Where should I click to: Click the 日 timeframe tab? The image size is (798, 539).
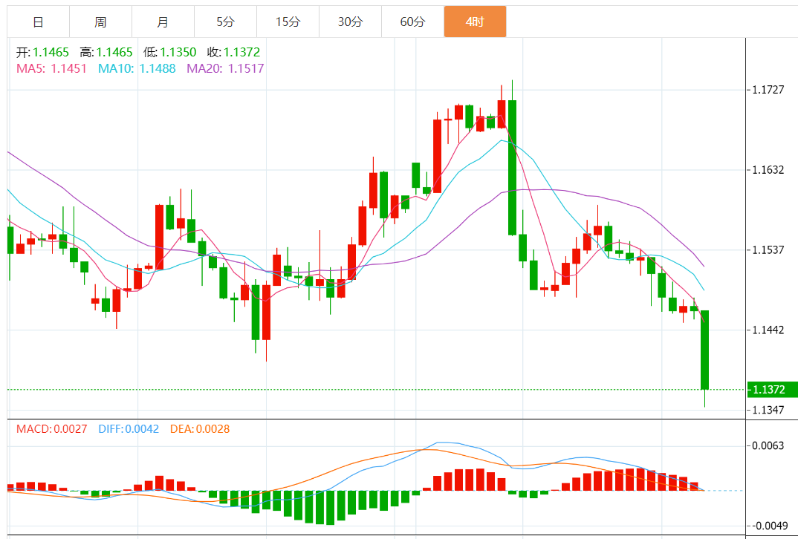click(38, 22)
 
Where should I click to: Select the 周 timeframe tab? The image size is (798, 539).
click(100, 22)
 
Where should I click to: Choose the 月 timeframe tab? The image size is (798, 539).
click(163, 22)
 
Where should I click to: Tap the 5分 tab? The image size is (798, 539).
click(225, 22)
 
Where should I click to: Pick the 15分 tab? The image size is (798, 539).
click(288, 22)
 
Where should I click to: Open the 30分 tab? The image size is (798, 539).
click(350, 22)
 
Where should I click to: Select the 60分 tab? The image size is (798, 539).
click(412, 22)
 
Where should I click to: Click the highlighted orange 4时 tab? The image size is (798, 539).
click(475, 22)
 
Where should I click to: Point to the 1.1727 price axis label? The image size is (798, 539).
click(768, 90)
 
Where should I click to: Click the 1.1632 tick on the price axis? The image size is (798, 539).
click(768, 170)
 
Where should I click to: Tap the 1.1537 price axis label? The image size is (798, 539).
click(768, 249)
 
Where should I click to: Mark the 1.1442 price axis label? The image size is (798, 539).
click(768, 330)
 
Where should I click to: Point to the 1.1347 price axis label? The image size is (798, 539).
click(768, 411)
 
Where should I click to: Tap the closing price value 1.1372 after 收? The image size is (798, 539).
click(244, 53)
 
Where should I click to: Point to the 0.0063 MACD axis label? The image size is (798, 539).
click(768, 446)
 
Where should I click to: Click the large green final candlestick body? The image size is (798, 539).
click(704, 350)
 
